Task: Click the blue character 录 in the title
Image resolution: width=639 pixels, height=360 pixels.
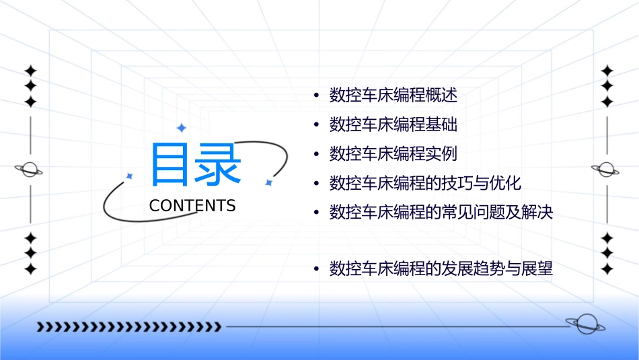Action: (218, 165)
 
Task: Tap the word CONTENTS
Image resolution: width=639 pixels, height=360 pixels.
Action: (192, 206)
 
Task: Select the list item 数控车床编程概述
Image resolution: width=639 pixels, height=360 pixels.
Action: (393, 96)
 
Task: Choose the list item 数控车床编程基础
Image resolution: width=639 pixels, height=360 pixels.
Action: (393, 124)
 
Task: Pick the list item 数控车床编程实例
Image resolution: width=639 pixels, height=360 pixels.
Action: (393, 154)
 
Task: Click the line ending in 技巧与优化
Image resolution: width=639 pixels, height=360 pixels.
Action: (425, 183)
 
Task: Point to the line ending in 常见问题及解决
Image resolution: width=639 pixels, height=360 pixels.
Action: (441, 213)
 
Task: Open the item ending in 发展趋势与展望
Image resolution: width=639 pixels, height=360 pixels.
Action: (441, 270)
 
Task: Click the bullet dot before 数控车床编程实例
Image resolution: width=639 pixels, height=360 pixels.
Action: (316, 155)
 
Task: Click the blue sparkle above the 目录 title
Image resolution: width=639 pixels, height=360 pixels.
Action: (181, 128)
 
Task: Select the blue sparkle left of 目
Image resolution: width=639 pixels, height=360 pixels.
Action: (130, 176)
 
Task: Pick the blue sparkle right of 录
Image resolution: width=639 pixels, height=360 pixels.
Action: (268, 182)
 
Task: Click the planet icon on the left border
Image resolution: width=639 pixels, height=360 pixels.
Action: (30, 170)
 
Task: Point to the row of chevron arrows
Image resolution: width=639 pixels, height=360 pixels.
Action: (128, 327)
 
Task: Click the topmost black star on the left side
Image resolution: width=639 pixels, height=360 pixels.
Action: (30, 71)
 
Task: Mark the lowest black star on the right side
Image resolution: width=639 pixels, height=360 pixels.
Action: (607, 268)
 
